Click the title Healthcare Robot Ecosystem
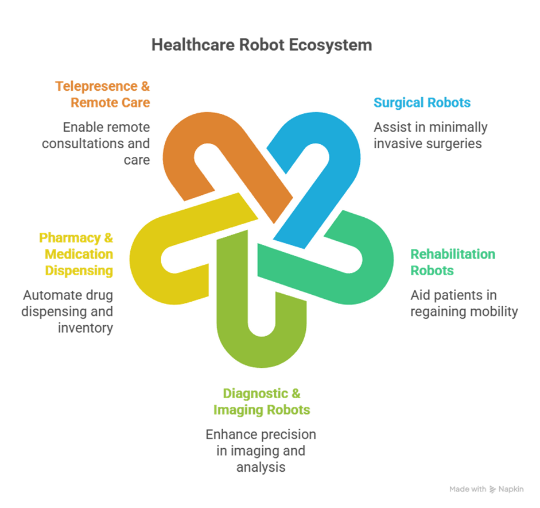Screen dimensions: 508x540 [x=261, y=45]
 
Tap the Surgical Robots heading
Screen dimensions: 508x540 [x=422, y=103]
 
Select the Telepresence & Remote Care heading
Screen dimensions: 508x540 [x=103, y=95]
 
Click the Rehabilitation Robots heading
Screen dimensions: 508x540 [x=452, y=262]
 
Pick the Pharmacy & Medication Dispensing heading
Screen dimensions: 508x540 [x=76, y=254]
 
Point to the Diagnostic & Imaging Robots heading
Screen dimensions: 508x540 [x=261, y=402]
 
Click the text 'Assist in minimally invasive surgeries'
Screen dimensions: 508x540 [x=430, y=135]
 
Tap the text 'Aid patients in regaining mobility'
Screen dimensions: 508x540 [x=464, y=303]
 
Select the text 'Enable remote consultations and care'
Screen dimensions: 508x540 [x=96, y=143]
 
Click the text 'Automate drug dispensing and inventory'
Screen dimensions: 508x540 [x=68, y=311]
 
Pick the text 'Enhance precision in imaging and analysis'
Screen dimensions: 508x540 [x=261, y=451]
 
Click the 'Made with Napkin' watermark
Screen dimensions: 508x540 [x=486, y=489]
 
